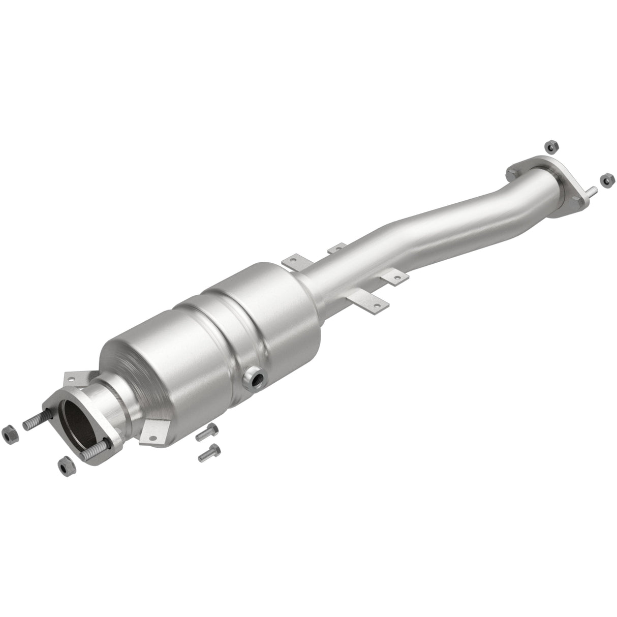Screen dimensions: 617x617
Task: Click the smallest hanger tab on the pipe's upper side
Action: pos(336,249)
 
